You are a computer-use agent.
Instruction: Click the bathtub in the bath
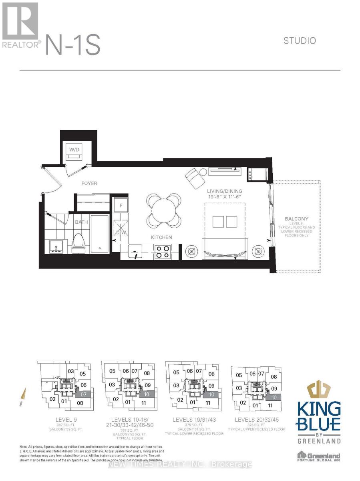point(99,234)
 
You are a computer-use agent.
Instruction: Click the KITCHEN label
point(161,237)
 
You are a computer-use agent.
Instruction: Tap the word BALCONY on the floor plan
point(296,219)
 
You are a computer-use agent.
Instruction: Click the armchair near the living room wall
point(195,178)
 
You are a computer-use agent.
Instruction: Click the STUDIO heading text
point(300,40)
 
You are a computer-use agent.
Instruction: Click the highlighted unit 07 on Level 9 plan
point(83,394)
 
